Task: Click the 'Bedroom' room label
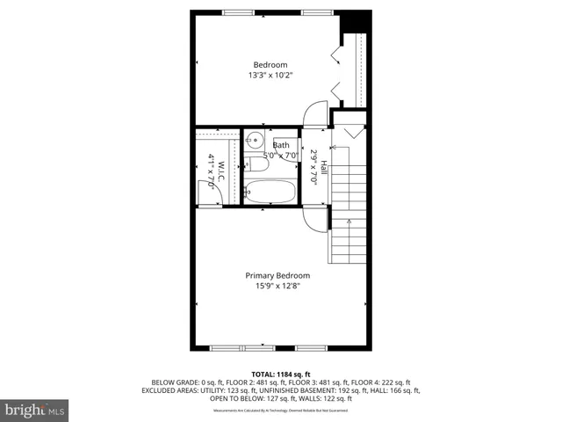pos(270,65)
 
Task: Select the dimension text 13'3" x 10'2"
pos(270,76)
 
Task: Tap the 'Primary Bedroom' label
pos(277,275)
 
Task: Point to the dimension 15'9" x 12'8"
pos(277,286)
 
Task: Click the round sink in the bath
pos(254,139)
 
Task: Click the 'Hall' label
pos(323,165)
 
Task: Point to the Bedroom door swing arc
pos(313,116)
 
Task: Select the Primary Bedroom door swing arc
pos(313,216)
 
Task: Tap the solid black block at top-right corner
pos(353,21)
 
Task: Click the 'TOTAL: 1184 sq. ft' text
pos(280,375)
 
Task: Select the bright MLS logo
pos(35,410)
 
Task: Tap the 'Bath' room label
pos(281,145)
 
